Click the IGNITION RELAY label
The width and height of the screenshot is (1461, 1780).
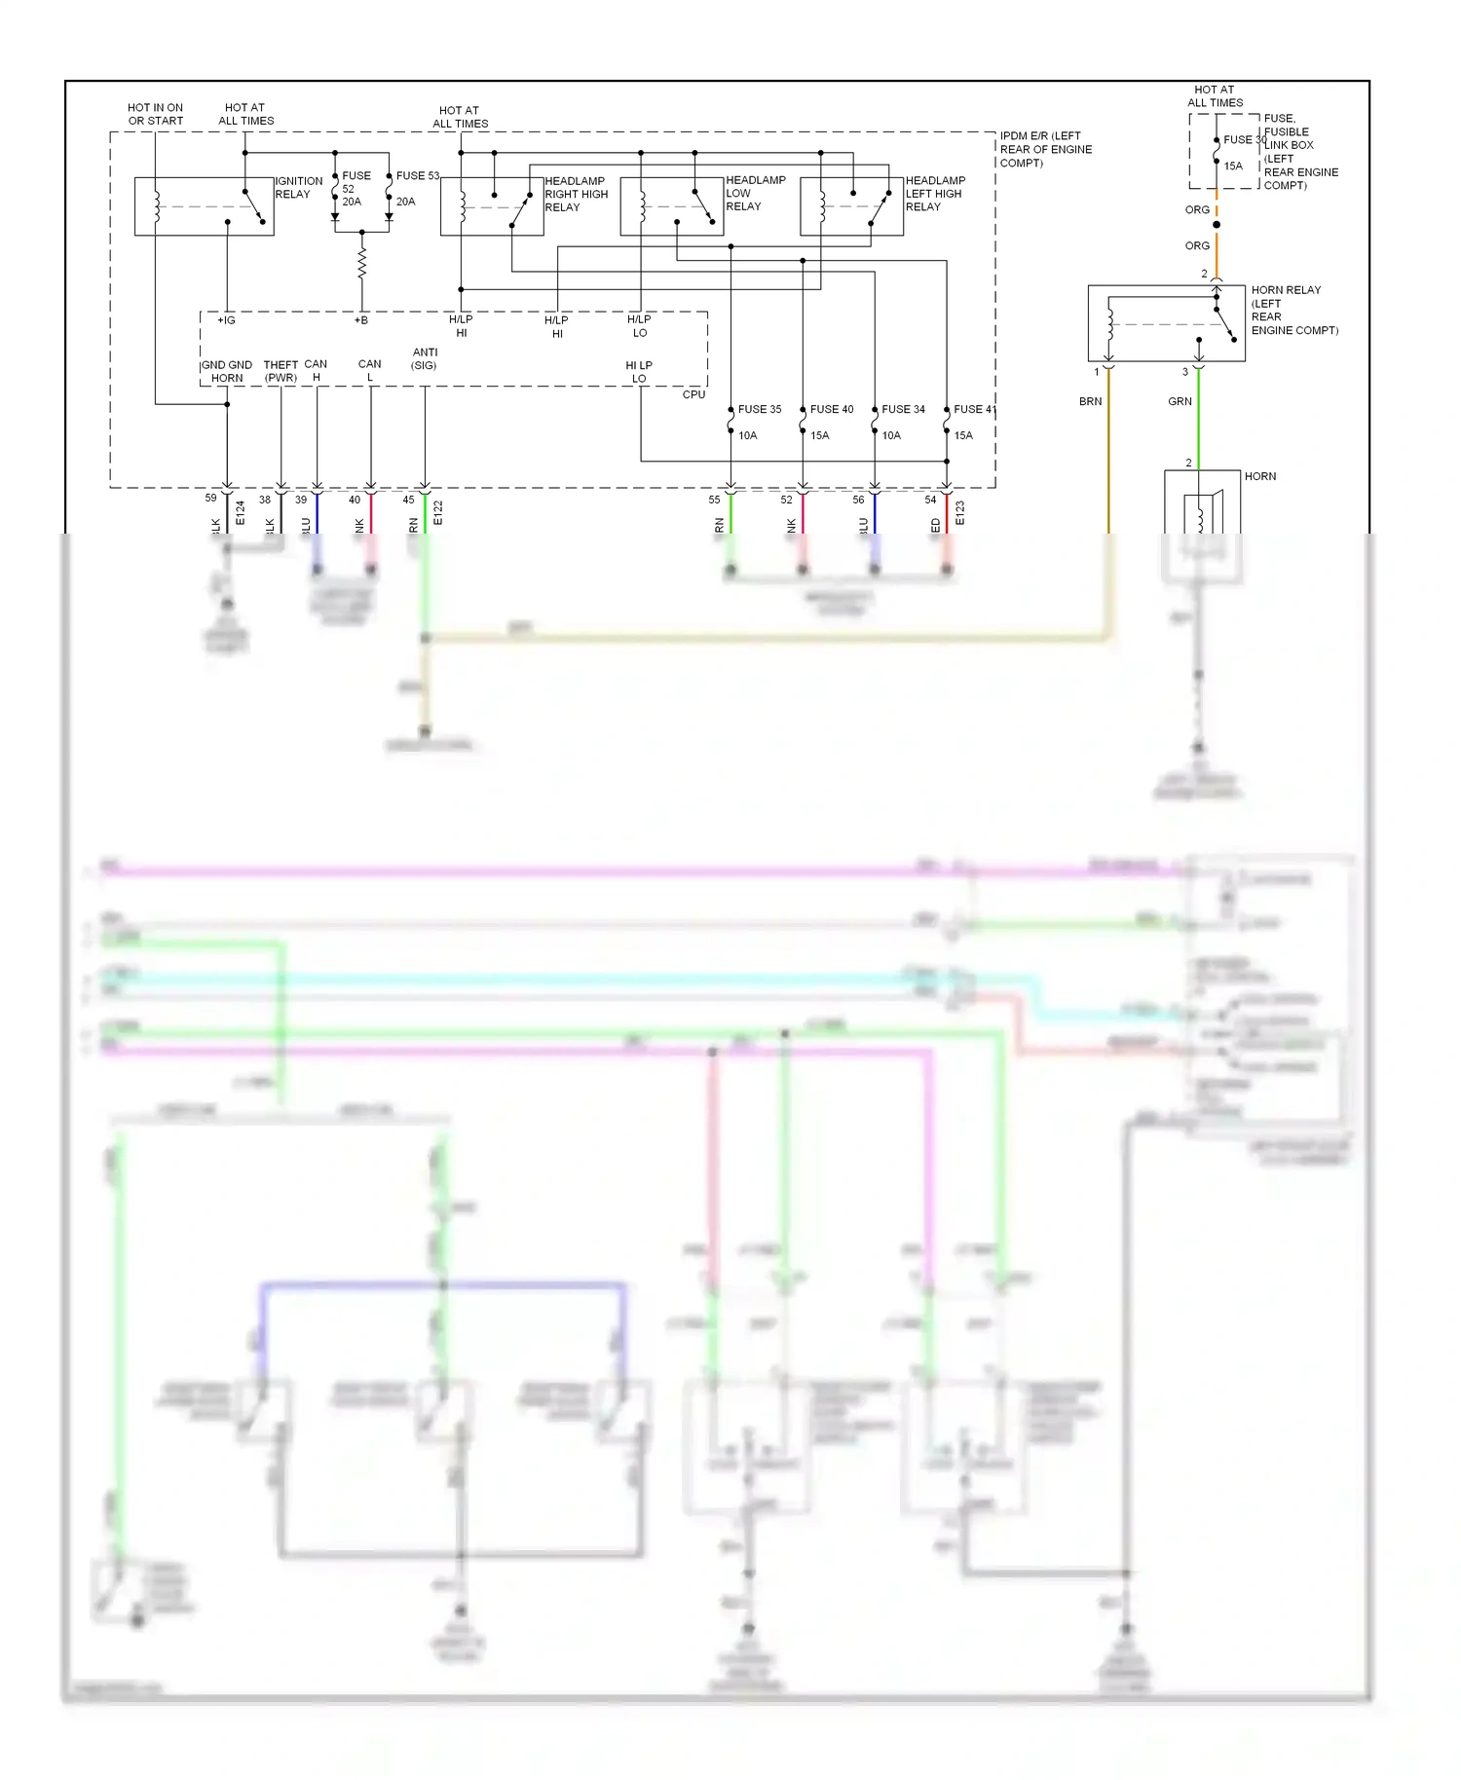(x=298, y=188)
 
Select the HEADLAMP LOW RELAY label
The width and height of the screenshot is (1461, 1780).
(x=755, y=193)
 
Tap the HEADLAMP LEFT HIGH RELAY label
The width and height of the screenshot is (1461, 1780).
(x=935, y=194)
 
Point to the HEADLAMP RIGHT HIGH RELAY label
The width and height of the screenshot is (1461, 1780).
(x=576, y=194)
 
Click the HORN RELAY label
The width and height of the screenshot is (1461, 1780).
(x=1286, y=290)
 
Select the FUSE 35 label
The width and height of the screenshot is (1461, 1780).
(x=759, y=409)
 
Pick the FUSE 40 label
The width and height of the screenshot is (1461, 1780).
(x=831, y=409)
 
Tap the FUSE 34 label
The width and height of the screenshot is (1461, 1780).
(x=903, y=409)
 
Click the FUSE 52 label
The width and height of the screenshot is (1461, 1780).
(x=356, y=182)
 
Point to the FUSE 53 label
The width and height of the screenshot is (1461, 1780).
(x=417, y=176)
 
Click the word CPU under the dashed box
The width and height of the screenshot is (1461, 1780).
(x=693, y=394)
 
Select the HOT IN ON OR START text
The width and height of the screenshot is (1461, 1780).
(x=155, y=114)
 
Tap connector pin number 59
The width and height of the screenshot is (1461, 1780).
(x=210, y=498)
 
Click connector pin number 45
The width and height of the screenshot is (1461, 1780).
(x=408, y=500)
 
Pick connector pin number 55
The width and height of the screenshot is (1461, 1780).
(x=714, y=500)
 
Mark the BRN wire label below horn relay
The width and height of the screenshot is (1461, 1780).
(x=1090, y=401)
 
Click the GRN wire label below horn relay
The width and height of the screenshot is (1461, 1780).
(x=1180, y=401)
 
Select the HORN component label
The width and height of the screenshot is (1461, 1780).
(x=1259, y=476)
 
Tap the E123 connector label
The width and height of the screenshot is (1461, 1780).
(x=959, y=513)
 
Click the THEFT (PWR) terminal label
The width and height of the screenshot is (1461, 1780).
(x=281, y=371)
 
